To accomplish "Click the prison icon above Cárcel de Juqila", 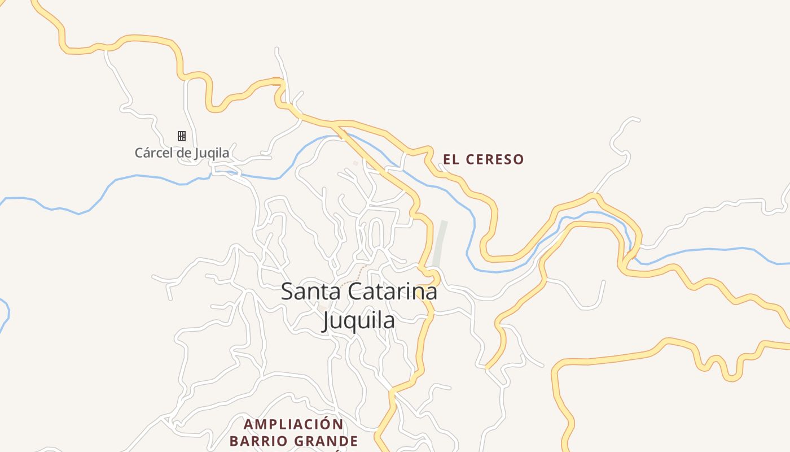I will coord(182,136).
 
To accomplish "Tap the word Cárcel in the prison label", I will coord(152,153).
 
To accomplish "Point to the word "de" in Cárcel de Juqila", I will coord(182,153).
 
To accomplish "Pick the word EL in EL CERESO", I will coord(450,160).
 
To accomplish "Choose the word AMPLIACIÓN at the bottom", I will coord(293,424).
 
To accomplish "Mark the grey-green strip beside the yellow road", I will coord(439,244).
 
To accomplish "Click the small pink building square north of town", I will coord(355,163).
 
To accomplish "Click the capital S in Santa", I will coord(287,292).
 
